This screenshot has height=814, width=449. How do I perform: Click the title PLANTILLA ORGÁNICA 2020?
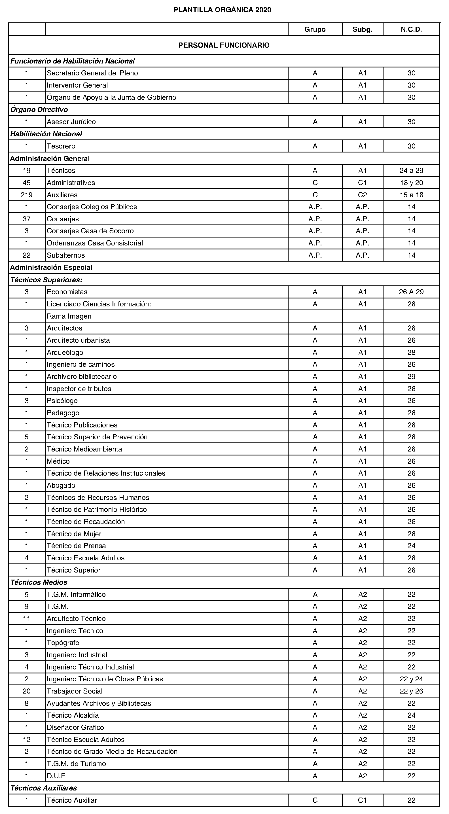coord(222,10)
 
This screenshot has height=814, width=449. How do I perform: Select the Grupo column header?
coord(315,29)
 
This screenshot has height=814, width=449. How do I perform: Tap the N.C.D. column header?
coord(411,29)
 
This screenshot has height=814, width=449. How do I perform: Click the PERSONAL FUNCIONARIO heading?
coord(224,45)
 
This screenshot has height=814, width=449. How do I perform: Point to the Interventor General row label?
coord(77,85)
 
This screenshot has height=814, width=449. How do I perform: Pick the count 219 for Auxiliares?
coord(27,195)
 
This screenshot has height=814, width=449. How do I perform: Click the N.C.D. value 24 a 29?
coord(411,171)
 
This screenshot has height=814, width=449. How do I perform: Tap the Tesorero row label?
coord(61,146)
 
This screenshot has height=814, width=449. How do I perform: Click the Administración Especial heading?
coord(51,268)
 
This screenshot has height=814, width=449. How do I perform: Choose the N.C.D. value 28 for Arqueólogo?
coord(411,353)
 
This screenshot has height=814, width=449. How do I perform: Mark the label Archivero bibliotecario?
coord(82,377)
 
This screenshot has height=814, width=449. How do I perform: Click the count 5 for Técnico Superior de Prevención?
coord(27,437)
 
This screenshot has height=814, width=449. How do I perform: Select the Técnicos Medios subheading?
coord(39,582)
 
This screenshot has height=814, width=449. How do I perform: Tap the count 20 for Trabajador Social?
coord(27,691)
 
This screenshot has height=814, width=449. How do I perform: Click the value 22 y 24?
coord(411,679)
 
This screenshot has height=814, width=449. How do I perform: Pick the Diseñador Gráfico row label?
coord(75,728)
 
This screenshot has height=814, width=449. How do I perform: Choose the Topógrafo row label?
coord(63,643)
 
